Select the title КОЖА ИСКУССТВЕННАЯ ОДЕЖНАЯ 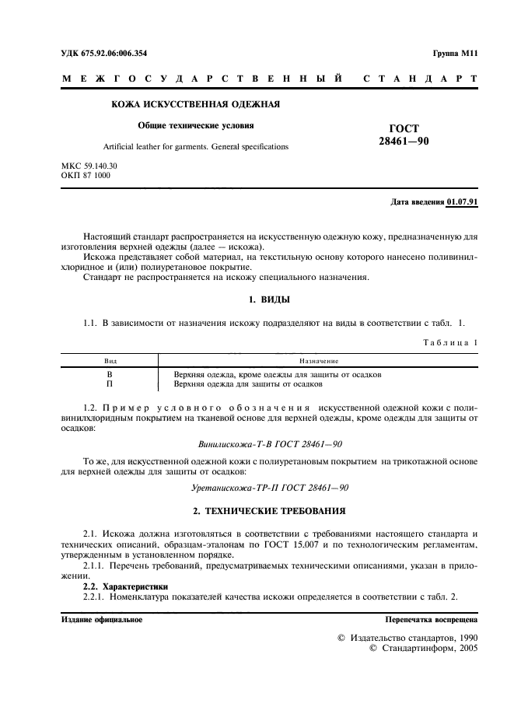click(x=196, y=104)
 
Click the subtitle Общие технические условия click(x=196, y=124)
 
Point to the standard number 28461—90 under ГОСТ click(x=408, y=142)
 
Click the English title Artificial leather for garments click(x=195, y=146)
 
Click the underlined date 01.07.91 click(x=462, y=202)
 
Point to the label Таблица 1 click(x=451, y=342)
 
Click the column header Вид click(x=110, y=361)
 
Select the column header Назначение click(x=318, y=361)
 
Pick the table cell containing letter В click(x=110, y=374)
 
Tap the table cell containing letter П click(x=110, y=384)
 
